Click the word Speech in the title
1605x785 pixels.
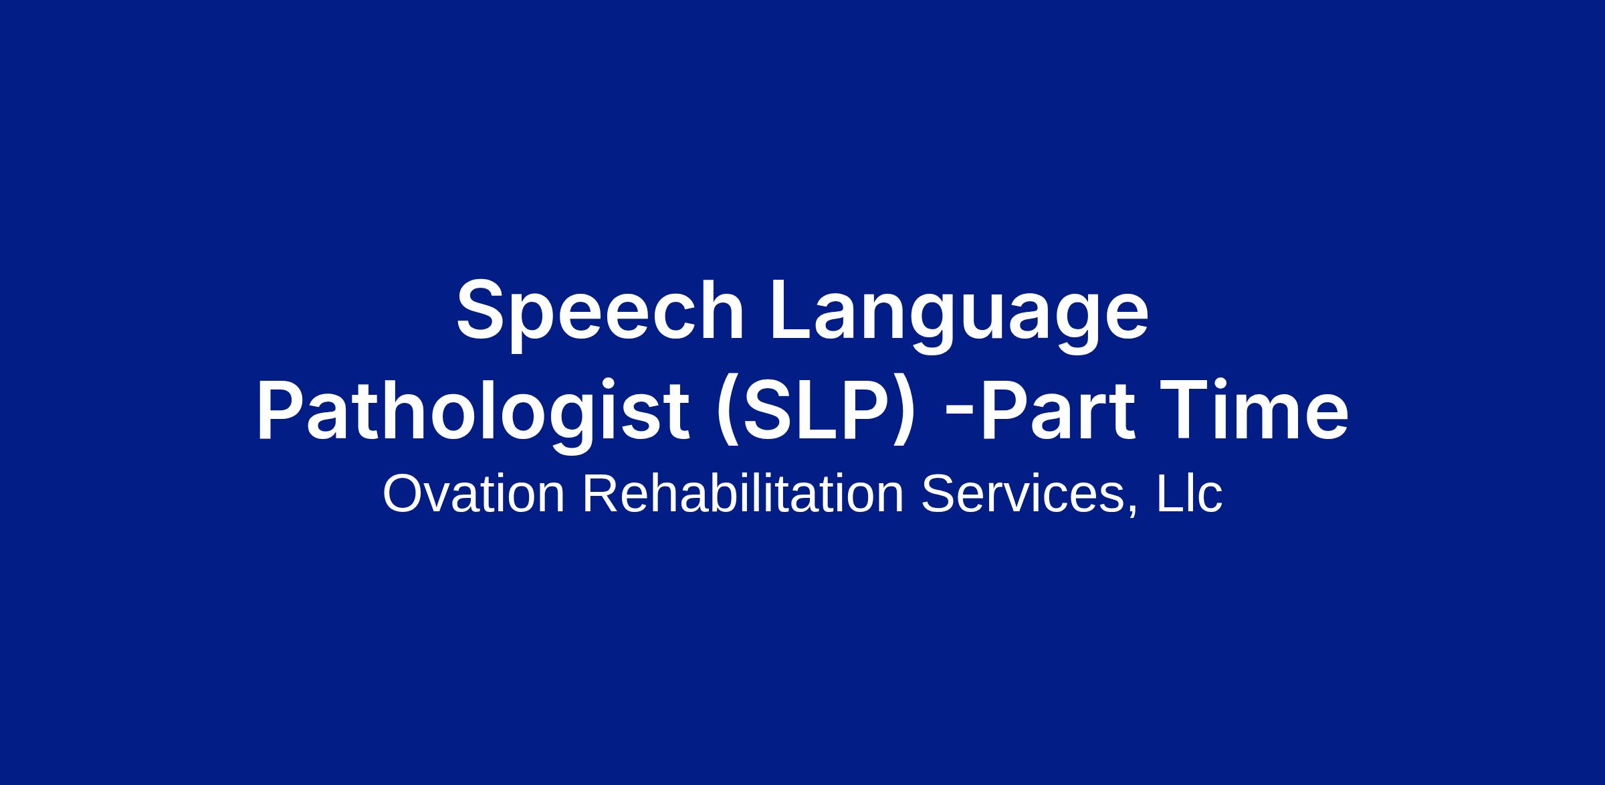(x=600, y=314)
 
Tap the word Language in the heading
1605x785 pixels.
(x=960, y=315)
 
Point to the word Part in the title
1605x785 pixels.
(x=1058, y=409)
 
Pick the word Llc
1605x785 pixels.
(x=1189, y=494)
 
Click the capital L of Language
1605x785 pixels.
(x=792, y=309)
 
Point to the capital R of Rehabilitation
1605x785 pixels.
(x=602, y=494)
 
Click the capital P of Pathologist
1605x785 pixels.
(x=281, y=410)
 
